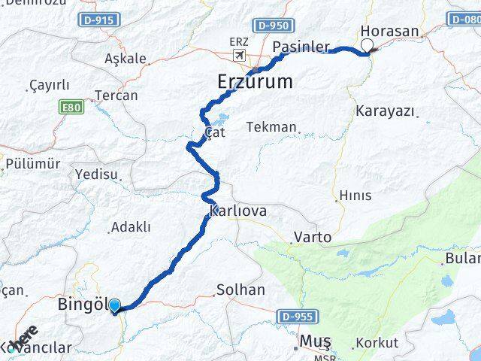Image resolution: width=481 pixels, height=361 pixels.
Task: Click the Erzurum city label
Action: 255,81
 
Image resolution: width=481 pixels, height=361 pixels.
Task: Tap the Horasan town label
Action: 390,31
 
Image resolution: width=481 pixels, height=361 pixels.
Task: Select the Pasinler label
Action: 301,47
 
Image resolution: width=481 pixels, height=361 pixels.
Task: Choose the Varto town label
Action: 312,238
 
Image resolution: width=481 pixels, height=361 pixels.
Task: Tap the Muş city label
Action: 315,341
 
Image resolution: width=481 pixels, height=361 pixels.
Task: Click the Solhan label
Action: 240,290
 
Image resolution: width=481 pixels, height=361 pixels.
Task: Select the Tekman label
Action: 271,127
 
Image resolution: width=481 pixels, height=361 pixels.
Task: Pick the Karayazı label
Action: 386,111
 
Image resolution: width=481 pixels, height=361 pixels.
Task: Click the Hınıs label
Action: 355,196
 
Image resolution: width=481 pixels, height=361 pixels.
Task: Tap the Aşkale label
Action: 126,58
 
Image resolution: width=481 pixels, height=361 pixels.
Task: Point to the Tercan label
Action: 116,96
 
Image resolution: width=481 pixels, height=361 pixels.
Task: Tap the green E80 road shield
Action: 71,108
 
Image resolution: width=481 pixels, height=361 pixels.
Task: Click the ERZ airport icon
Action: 240,56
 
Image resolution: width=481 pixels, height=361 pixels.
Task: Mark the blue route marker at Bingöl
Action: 114,305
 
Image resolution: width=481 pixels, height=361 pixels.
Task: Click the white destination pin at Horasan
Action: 368,46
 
